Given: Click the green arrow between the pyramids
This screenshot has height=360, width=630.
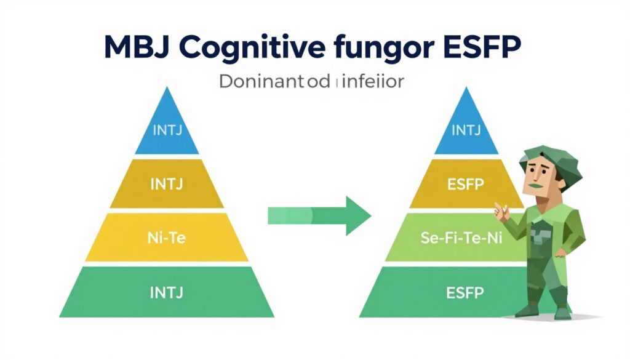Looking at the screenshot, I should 320,215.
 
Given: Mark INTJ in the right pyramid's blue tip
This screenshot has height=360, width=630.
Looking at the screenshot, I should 466,130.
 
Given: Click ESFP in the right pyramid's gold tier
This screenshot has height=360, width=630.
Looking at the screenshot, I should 466,183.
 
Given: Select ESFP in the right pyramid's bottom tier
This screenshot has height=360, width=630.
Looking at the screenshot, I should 466,292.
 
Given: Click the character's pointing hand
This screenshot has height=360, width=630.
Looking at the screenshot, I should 501,212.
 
